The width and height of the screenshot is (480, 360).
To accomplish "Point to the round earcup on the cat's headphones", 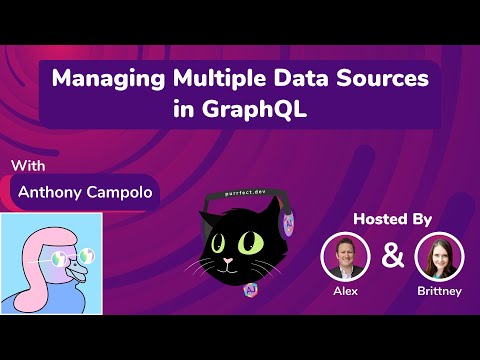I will point(289,223).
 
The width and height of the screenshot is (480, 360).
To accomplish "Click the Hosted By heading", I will point(394,218).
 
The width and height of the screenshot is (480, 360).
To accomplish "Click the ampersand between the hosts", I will point(394,256).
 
